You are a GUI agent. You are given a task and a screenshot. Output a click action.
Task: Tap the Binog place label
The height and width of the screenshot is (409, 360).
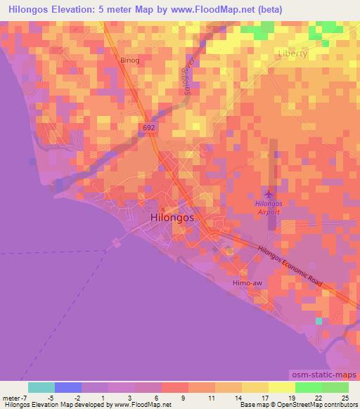[130, 60]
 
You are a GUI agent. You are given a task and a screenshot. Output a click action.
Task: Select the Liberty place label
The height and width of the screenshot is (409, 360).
[293, 53]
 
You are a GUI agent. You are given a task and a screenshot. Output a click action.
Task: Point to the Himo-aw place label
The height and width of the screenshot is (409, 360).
[247, 283]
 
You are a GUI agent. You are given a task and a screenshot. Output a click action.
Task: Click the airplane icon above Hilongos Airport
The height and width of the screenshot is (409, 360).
[267, 192]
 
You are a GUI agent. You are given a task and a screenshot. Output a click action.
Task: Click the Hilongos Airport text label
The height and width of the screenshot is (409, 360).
[267, 207]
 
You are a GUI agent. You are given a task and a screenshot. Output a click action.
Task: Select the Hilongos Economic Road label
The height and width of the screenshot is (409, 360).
[289, 265]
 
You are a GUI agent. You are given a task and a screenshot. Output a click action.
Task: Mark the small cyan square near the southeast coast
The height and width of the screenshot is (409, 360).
[319, 321]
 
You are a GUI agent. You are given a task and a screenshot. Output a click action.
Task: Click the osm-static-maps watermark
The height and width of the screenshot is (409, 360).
[325, 375]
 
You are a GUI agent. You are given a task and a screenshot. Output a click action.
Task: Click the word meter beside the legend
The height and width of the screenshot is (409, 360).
[10, 397]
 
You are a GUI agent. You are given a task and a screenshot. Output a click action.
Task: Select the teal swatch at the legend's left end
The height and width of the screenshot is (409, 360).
[41, 387]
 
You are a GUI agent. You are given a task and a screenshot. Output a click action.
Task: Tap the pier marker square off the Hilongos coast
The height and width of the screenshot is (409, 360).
[116, 242]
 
